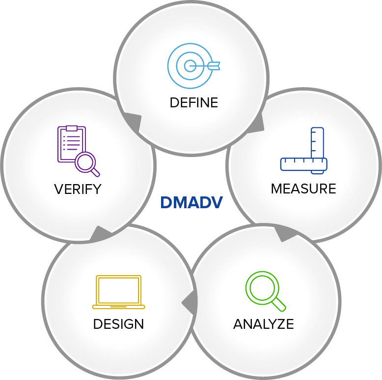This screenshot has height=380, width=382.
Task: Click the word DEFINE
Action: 193,102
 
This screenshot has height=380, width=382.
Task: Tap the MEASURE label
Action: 303,189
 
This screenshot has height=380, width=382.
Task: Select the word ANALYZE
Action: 264,324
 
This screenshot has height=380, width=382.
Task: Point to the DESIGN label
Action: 119,324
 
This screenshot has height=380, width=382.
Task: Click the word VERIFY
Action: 78,189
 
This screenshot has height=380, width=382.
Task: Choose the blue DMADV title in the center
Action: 191,202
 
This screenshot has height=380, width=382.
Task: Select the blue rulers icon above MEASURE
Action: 304,151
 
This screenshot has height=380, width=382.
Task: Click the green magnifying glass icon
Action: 266,291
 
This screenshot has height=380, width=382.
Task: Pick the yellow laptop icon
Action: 119,292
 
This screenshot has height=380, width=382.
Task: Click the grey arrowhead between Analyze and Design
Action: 191,302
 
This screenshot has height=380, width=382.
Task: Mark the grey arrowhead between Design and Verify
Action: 100,233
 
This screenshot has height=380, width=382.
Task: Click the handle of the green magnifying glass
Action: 278,304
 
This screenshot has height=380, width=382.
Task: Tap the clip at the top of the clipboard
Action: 72,128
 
